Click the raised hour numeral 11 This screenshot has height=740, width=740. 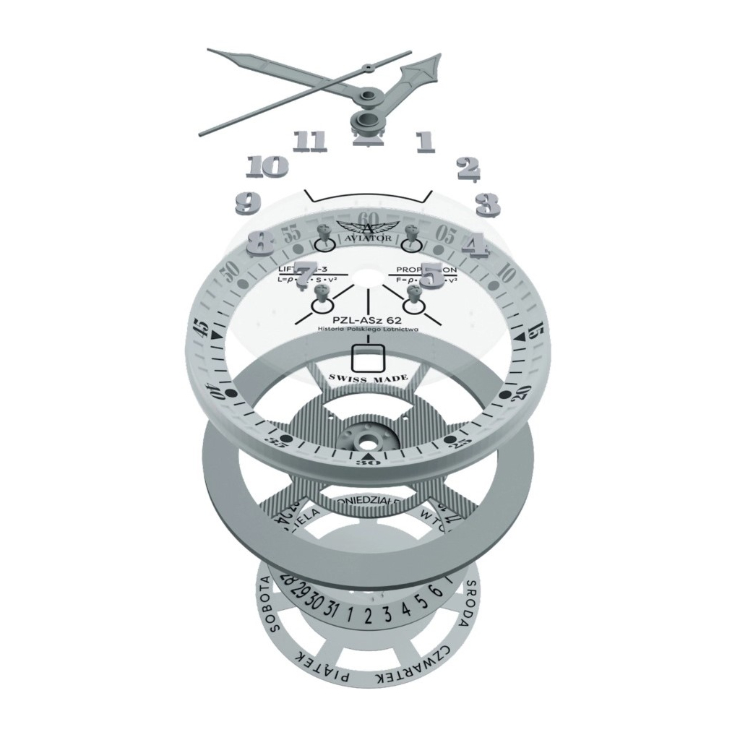(x=311, y=140)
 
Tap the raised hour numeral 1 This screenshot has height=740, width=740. (x=425, y=141)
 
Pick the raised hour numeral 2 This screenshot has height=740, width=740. (x=468, y=168)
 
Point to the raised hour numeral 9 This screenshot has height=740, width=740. (x=248, y=202)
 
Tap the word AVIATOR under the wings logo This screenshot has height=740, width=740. (x=368, y=237)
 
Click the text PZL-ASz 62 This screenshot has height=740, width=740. (x=368, y=319)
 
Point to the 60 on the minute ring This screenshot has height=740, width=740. (x=368, y=218)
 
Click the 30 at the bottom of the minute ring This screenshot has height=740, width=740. (x=368, y=463)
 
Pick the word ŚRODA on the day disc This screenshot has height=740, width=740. (x=468, y=604)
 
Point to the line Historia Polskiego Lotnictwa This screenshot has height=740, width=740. (x=368, y=330)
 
